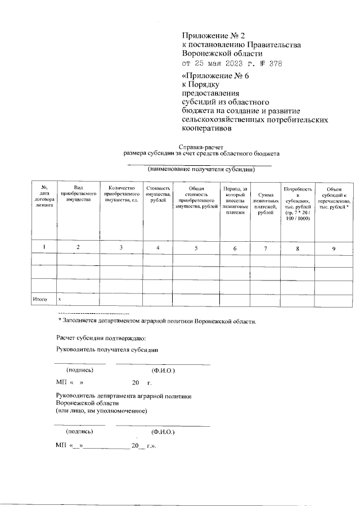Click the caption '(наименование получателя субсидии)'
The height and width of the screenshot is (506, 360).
[201, 169]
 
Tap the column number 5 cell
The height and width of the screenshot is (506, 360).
[196, 247]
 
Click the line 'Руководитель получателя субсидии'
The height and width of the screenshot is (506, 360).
[107, 350]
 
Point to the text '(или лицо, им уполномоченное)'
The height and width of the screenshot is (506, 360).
[102, 411]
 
